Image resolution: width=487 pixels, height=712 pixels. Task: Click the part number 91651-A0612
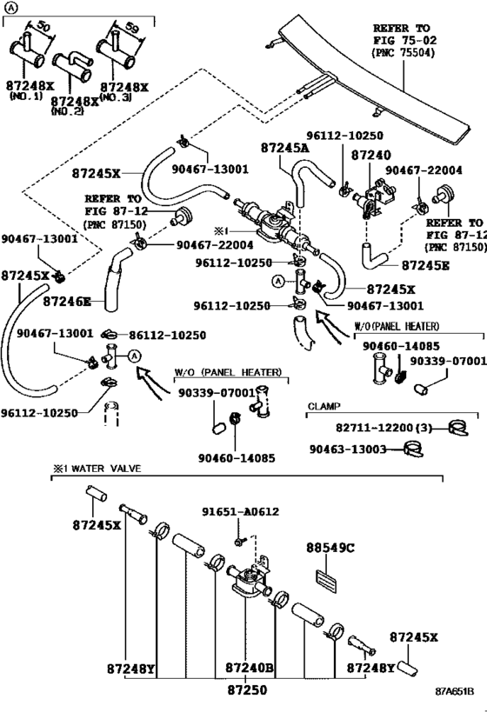[x=240, y=512]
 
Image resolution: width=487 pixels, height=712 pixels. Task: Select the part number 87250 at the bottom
[x=247, y=690]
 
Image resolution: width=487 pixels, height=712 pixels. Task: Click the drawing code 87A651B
[x=454, y=691]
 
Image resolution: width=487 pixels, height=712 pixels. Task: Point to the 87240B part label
[x=250, y=668]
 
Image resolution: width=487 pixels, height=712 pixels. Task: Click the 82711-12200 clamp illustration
[x=458, y=428]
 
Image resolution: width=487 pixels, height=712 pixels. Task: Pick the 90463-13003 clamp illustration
[x=412, y=449]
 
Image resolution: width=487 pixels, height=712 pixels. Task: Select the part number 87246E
[x=67, y=302]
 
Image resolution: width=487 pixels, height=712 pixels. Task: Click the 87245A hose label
[x=285, y=148]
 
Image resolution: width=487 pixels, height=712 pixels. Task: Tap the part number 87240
[x=370, y=156]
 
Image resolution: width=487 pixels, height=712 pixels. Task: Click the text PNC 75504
[x=404, y=53]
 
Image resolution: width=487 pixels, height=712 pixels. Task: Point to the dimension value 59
[x=131, y=28]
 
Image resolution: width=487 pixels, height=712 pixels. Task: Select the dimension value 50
[x=43, y=26]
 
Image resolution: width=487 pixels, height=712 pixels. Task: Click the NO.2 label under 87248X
[x=68, y=111]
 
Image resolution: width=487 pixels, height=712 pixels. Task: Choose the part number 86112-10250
[x=167, y=336]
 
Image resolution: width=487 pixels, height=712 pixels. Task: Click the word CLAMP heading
[x=324, y=406]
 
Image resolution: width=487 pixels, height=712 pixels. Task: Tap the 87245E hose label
[x=425, y=266]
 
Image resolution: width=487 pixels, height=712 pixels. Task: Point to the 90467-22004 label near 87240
[x=424, y=170]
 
